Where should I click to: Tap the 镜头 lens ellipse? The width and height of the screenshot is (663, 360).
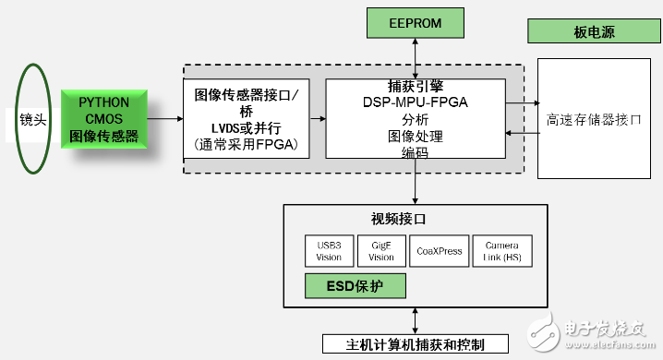[33, 119]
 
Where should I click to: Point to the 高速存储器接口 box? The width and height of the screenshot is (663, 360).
[593, 119]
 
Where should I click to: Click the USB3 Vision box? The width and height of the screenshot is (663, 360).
[328, 252]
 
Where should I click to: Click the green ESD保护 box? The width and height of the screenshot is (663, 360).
[355, 285]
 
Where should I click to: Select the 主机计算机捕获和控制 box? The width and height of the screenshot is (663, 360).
[415, 344]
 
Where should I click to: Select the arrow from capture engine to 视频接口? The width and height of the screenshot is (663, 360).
[416, 185]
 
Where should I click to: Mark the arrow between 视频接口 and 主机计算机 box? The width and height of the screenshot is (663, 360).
[416, 318]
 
